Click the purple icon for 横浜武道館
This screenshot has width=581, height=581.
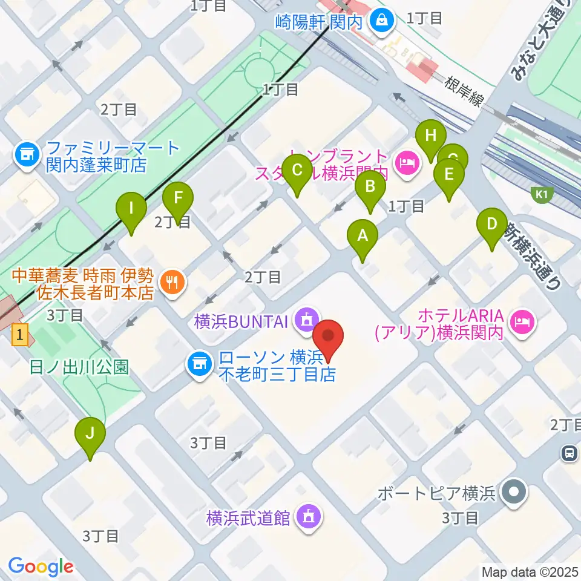(x=309, y=517)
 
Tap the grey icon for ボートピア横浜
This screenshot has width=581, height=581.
(x=514, y=493)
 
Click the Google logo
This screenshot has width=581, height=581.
(x=41, y=566)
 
